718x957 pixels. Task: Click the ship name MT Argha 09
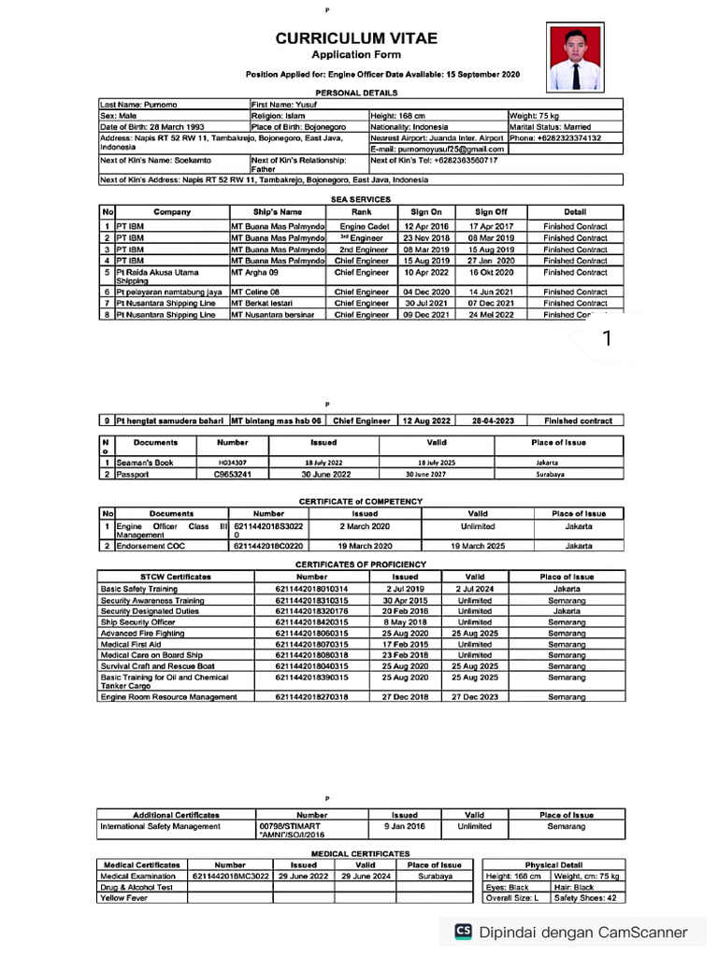[x=255, y=272]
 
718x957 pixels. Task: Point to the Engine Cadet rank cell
[x=364, y=226]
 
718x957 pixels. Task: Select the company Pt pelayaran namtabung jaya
[x=169, y=293]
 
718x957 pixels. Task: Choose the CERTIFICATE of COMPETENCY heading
[x=360, y=502]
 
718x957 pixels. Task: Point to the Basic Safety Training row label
[x=138, y=589]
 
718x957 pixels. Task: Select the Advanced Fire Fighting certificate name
[x=145, y=633]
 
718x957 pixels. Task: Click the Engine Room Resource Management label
[x=168, y=696]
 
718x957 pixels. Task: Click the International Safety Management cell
[x=160, y=826]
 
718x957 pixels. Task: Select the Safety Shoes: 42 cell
[x=585, y=897]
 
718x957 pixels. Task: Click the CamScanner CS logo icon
[x=463, y=931]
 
